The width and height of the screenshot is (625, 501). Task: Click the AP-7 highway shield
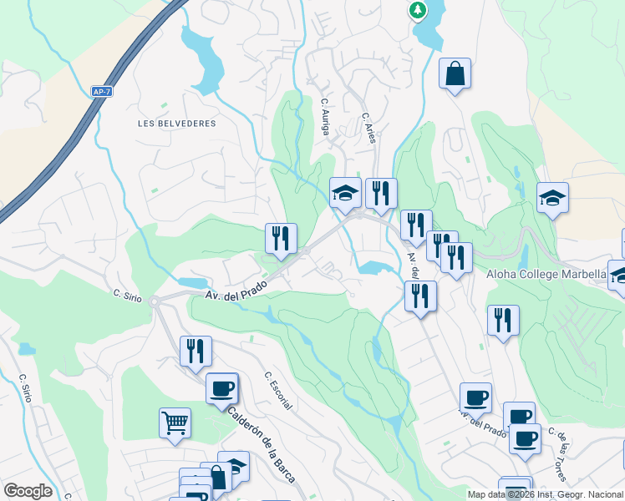coord(101,91)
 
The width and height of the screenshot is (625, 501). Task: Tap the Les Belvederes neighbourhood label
coord(176,123)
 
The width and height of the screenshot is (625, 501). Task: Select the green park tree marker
coord(416,10)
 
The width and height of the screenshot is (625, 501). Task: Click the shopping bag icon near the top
coord(455,73)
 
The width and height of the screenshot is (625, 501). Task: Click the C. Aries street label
coord(368,128)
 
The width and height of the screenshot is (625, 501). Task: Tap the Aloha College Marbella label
coord(546,274)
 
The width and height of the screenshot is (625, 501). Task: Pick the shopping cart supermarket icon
coord(175,423)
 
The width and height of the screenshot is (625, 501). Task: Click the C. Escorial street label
coord(278,390)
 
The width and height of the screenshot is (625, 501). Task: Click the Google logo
coord(28,490)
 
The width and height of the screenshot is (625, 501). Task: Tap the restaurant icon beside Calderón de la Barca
coord(196,351)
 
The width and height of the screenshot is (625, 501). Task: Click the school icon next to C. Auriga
coord(345,194)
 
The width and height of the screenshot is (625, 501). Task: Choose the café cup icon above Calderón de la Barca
coord(222,388)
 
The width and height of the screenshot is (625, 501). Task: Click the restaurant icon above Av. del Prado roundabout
coord(281,238)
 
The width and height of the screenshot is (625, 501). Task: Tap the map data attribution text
coord(545,494)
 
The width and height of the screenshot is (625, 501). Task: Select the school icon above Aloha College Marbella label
coord(552,198)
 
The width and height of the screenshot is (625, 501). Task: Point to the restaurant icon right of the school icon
coord(381,194)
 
